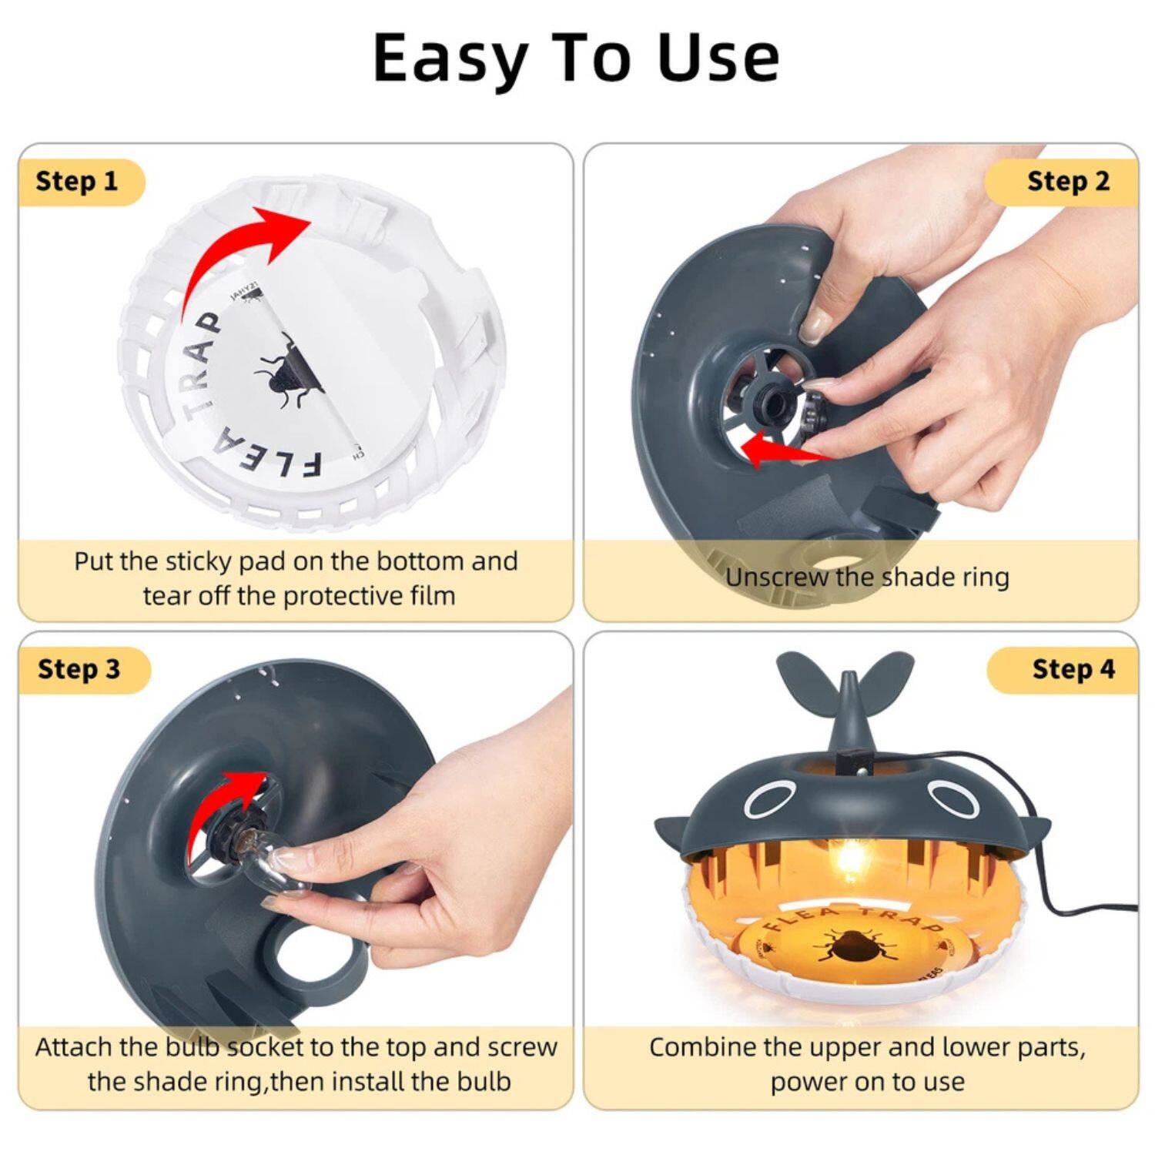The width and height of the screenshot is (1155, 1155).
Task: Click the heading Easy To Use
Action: [576, 59]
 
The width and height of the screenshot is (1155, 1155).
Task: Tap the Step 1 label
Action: [77, 182]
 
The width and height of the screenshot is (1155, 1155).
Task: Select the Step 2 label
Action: [1068, 182]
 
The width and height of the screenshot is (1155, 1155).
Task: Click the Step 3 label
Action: [79, 669]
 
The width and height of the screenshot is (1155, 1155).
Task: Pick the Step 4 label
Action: [1073, 669]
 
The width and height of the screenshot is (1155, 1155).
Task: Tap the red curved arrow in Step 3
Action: [231, 801]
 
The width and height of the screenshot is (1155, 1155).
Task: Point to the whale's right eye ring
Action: [952, 798]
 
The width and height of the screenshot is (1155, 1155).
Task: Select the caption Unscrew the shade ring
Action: [867, 577]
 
